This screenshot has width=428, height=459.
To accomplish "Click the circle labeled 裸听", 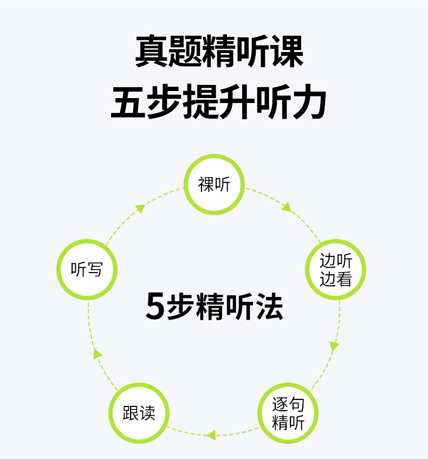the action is pyautogui.click(x=215, y=184).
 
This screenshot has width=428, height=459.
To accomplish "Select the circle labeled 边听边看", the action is pyautogui.click(x=336, y=269).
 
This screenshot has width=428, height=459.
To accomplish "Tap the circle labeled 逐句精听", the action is pyautogui.click(x=288, y=413).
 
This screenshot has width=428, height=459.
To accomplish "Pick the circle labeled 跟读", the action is pyautogui.click(x=139, y=413).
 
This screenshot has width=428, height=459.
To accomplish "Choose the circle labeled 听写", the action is pyautogui.click(x=87, y=269).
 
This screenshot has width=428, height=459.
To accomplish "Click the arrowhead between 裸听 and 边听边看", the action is pyautogui.click(x=287, y=206).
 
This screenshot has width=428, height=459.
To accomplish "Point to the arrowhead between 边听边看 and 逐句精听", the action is pyautogui.click(x=334, y=346).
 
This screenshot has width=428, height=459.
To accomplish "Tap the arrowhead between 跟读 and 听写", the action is pyautogui.click(x=98, y=354).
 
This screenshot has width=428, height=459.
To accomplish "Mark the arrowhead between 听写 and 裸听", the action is pyautogui.click(x=140, y=208).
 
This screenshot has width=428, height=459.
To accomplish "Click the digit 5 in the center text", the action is pyautogui.click(x=155, y=307).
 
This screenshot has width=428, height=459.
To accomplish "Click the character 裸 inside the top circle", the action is pyautogui.click(x=206, y=185).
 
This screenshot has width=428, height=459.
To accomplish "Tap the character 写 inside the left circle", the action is pyautogui.click(x=94, y=269).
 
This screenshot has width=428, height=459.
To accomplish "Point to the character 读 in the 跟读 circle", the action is pyautogui.click(x=147, y=413).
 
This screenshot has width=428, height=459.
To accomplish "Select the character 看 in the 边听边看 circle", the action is pyautogui.click(x=344, y=279).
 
